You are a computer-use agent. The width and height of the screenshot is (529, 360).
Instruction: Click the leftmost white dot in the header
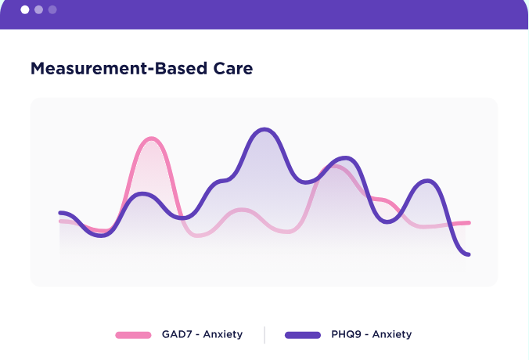(x=25, y=10)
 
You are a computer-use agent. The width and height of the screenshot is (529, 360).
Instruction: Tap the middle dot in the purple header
(x=38, y=10)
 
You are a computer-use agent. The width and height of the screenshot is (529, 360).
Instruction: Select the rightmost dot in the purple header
(x=52, y=10)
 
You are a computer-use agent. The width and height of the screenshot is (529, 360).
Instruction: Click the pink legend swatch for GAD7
(x=133, y=335)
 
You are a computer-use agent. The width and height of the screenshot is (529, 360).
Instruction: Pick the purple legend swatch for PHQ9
(x=302, y=335)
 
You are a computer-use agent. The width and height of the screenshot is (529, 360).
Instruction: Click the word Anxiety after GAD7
(x=223, y=334)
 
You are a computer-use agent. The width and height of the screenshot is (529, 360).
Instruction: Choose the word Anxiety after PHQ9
(x=392, y=334)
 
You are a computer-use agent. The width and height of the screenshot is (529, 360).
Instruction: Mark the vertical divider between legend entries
(x=264, y=335)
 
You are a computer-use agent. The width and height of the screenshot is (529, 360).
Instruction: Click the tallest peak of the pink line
(x=151, y=139)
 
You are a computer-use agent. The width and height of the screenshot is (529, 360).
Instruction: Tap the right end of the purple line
(x=468, y=254)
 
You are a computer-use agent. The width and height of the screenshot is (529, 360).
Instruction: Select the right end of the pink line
(x=469, y=223)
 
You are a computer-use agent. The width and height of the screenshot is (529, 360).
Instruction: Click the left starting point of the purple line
(x=61, y=212)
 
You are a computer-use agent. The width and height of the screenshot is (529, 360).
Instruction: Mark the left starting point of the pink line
(x=61, y=221)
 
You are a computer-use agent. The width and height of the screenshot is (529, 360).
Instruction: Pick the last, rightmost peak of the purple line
(x=427, y=182)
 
